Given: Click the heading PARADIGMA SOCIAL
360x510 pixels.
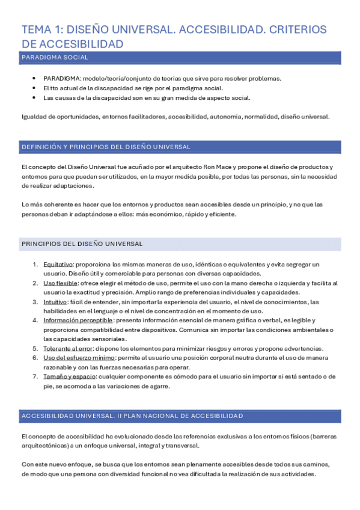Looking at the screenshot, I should pos(55,58).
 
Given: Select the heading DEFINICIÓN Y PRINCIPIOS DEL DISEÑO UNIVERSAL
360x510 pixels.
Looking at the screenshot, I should pos(106,147).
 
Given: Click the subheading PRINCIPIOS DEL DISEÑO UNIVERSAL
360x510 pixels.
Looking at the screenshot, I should pos(82,244).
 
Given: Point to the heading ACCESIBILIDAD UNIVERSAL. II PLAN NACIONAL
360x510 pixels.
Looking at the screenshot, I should pos(132,416).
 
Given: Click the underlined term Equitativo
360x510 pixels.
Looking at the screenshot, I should pos(58,264).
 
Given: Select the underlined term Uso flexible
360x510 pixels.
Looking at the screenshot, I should pos(60,283).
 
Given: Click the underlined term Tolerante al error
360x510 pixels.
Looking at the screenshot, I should pos(68,348).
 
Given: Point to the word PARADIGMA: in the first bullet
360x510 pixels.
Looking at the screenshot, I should pos(61,79).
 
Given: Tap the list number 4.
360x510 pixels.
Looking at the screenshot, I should pos(35,320).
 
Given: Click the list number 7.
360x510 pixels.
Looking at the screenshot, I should pos(35,376).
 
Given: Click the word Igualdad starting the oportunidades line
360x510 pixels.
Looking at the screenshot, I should pos(33,117).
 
